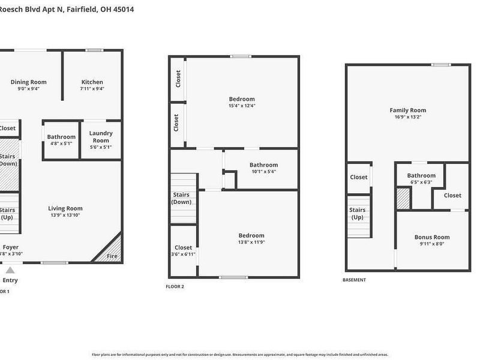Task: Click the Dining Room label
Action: [29, 82]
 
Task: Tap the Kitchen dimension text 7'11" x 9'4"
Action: [92, 89]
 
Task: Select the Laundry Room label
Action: [100, 137]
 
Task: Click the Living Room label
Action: [65, 209]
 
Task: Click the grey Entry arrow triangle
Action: [10, 270]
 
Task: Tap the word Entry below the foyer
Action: [10, 280]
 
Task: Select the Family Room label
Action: [408, 110]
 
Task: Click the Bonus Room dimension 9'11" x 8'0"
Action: [432, 244]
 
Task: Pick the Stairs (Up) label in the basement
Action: [358, 214]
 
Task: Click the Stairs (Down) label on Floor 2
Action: [182, 199]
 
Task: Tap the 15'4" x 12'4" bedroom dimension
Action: [242, 106]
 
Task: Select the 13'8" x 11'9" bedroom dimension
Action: [251, 243]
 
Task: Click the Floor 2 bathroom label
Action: [263, 165]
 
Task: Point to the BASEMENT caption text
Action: [354, 280]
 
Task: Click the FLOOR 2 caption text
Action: [175, 287]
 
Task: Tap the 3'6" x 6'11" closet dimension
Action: [184, 254]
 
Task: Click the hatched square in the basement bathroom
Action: [403, 199]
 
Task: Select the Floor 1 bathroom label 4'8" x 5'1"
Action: [61, 144]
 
